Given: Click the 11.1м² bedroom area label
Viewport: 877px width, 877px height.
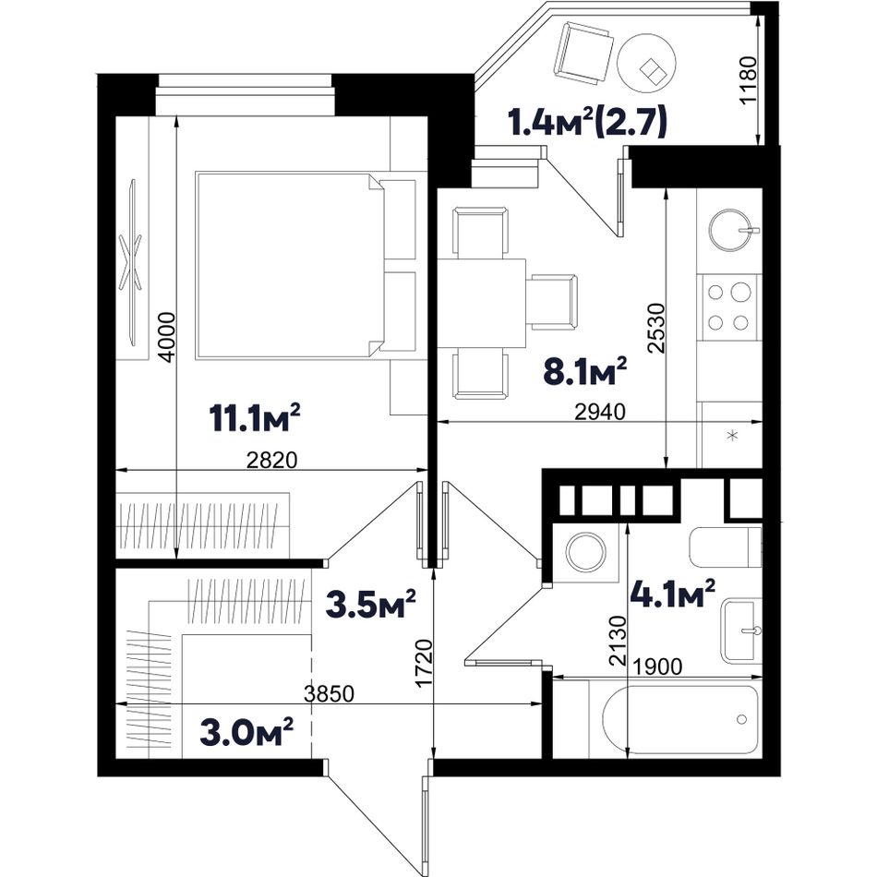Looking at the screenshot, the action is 255,417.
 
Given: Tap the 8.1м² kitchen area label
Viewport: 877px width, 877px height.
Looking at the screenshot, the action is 585,371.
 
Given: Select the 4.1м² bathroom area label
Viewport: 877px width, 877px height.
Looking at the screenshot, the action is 673,594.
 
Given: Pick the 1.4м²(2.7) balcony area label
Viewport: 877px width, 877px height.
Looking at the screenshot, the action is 587,123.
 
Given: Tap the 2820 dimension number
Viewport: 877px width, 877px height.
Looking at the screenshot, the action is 271,461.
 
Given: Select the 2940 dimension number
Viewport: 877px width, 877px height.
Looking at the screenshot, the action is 600,412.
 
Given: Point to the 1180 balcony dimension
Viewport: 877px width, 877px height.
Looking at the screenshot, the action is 748,80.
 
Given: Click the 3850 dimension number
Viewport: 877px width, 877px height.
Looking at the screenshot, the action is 329,694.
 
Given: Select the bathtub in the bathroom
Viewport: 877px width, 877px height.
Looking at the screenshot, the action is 680,720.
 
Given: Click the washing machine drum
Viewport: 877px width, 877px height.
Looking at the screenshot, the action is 585,552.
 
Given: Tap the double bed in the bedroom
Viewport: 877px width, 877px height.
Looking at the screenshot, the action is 306,265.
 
